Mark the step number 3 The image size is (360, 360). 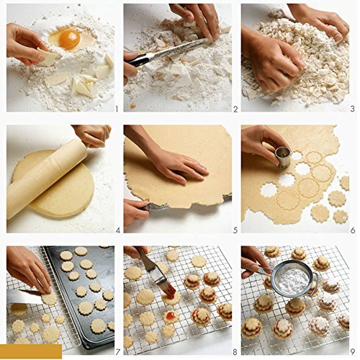click(351, 109)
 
